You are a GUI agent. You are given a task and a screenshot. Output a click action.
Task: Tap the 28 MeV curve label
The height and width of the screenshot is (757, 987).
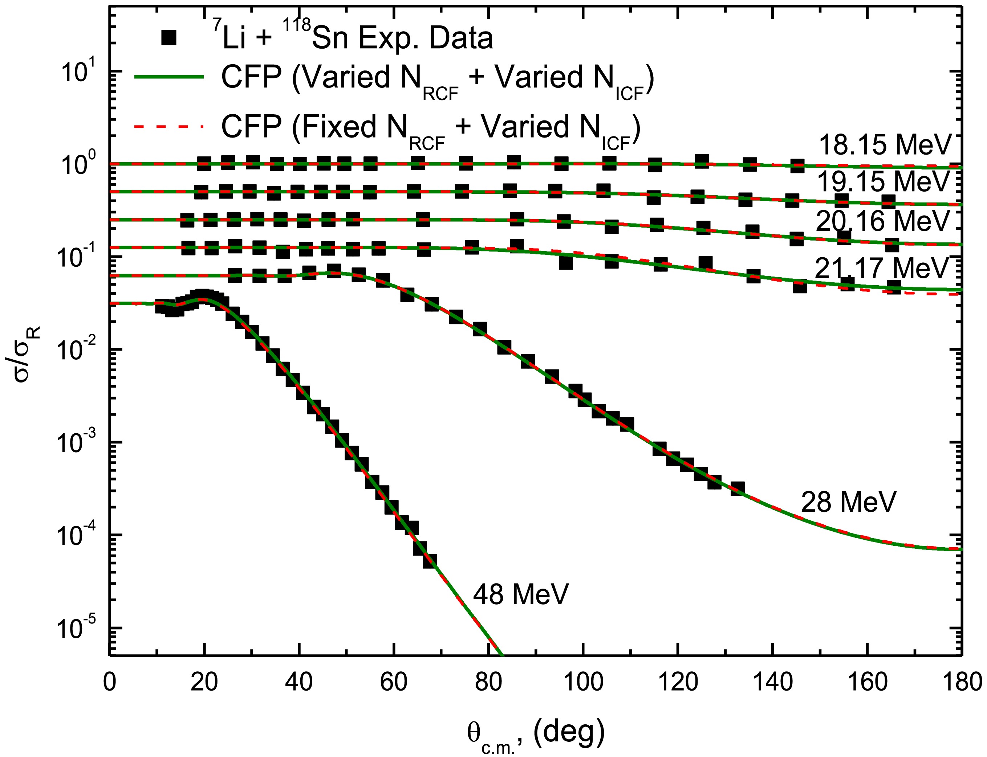coord(848,502)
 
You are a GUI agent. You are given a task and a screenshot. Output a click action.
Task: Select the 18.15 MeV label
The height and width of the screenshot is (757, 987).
coord(884,145)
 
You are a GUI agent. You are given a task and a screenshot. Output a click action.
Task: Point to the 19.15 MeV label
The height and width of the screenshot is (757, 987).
coord(883,181)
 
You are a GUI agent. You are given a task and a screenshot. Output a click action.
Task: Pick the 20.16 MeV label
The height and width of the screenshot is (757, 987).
coord(882,221)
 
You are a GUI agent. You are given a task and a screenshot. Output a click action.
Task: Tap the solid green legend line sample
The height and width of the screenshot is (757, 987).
coord(169,77)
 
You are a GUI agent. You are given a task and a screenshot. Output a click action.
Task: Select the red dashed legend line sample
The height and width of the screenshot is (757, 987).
coord(169,127)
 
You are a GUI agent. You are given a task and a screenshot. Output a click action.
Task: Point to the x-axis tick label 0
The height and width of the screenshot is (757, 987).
coord(110,682)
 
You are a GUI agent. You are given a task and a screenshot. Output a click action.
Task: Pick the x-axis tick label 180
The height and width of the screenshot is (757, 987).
coord(962,682)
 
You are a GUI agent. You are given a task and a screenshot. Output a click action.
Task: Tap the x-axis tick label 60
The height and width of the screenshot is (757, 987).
coord(394,682)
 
